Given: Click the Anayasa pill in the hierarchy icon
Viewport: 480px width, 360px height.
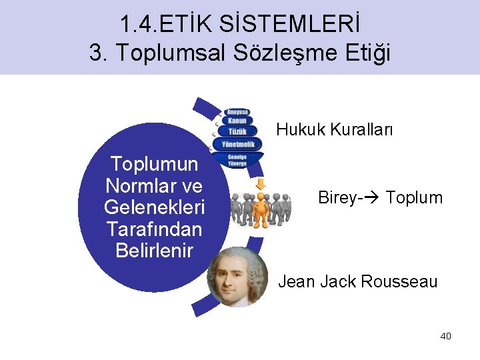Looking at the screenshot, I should point(237,111).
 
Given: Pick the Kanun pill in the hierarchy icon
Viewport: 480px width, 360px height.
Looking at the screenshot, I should point(237,121).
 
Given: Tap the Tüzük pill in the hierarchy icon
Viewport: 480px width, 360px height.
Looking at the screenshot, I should point(237,131).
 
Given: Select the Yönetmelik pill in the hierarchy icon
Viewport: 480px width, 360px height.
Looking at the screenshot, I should point(237,144).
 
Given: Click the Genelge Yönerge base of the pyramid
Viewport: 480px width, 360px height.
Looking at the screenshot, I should point(237,159).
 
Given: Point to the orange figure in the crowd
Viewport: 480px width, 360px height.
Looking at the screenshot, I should point(261,208).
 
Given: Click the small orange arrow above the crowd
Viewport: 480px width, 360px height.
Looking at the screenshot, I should point(261,183).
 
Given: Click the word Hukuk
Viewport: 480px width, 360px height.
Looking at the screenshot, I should point(297,129).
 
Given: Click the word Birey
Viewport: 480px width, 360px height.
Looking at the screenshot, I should point(337,198).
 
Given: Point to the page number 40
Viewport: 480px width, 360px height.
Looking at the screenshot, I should point(445,336).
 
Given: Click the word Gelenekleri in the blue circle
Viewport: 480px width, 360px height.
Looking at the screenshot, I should point(154,207).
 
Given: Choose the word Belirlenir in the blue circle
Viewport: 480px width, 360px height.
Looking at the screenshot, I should point(154,251).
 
